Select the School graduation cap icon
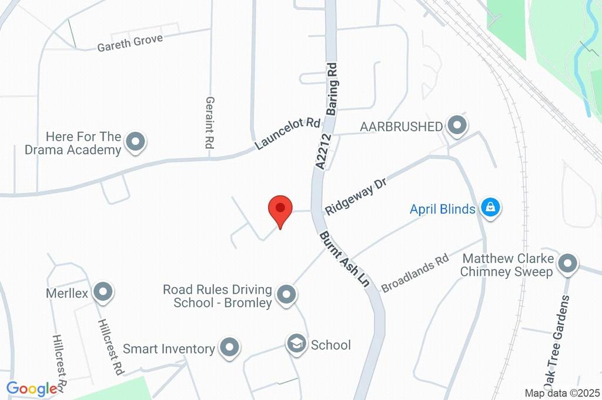(296, 344)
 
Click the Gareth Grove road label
(130, 42)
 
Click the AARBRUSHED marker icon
(456, 125)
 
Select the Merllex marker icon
(103, 292)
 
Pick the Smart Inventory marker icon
(229, 348)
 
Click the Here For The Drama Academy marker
(136, 142)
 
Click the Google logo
(32, 388)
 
